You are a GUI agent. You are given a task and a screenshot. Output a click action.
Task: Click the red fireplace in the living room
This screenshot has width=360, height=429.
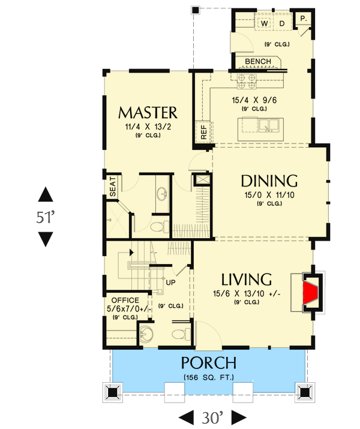coord(311,293)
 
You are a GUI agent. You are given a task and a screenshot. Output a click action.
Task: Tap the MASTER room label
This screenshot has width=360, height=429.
coord(148,113)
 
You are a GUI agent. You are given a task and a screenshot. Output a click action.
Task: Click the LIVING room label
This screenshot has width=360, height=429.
coord(247,280)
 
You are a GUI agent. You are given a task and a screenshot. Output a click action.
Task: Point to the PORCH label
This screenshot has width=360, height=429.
coord(208,363)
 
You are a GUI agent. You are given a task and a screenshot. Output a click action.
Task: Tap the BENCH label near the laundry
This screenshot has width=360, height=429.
coord(258,62)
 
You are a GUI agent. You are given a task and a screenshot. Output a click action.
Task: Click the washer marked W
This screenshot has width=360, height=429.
coord(264,23)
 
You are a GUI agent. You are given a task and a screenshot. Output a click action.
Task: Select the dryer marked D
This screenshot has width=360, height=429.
coord(281,23)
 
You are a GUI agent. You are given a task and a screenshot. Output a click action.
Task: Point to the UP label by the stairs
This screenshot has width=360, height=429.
coord(170,282)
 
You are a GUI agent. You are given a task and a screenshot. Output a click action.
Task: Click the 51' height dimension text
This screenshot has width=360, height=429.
coord(45,217)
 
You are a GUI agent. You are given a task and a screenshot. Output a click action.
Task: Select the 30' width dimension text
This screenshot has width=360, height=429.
coord(213,416)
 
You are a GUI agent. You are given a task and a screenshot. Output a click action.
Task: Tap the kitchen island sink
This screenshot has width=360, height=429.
coord(268,125)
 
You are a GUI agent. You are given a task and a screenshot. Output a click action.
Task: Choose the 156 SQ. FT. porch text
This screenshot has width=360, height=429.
coord(208,377)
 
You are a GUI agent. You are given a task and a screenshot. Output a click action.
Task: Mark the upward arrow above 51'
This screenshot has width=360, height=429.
coord(45,194)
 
